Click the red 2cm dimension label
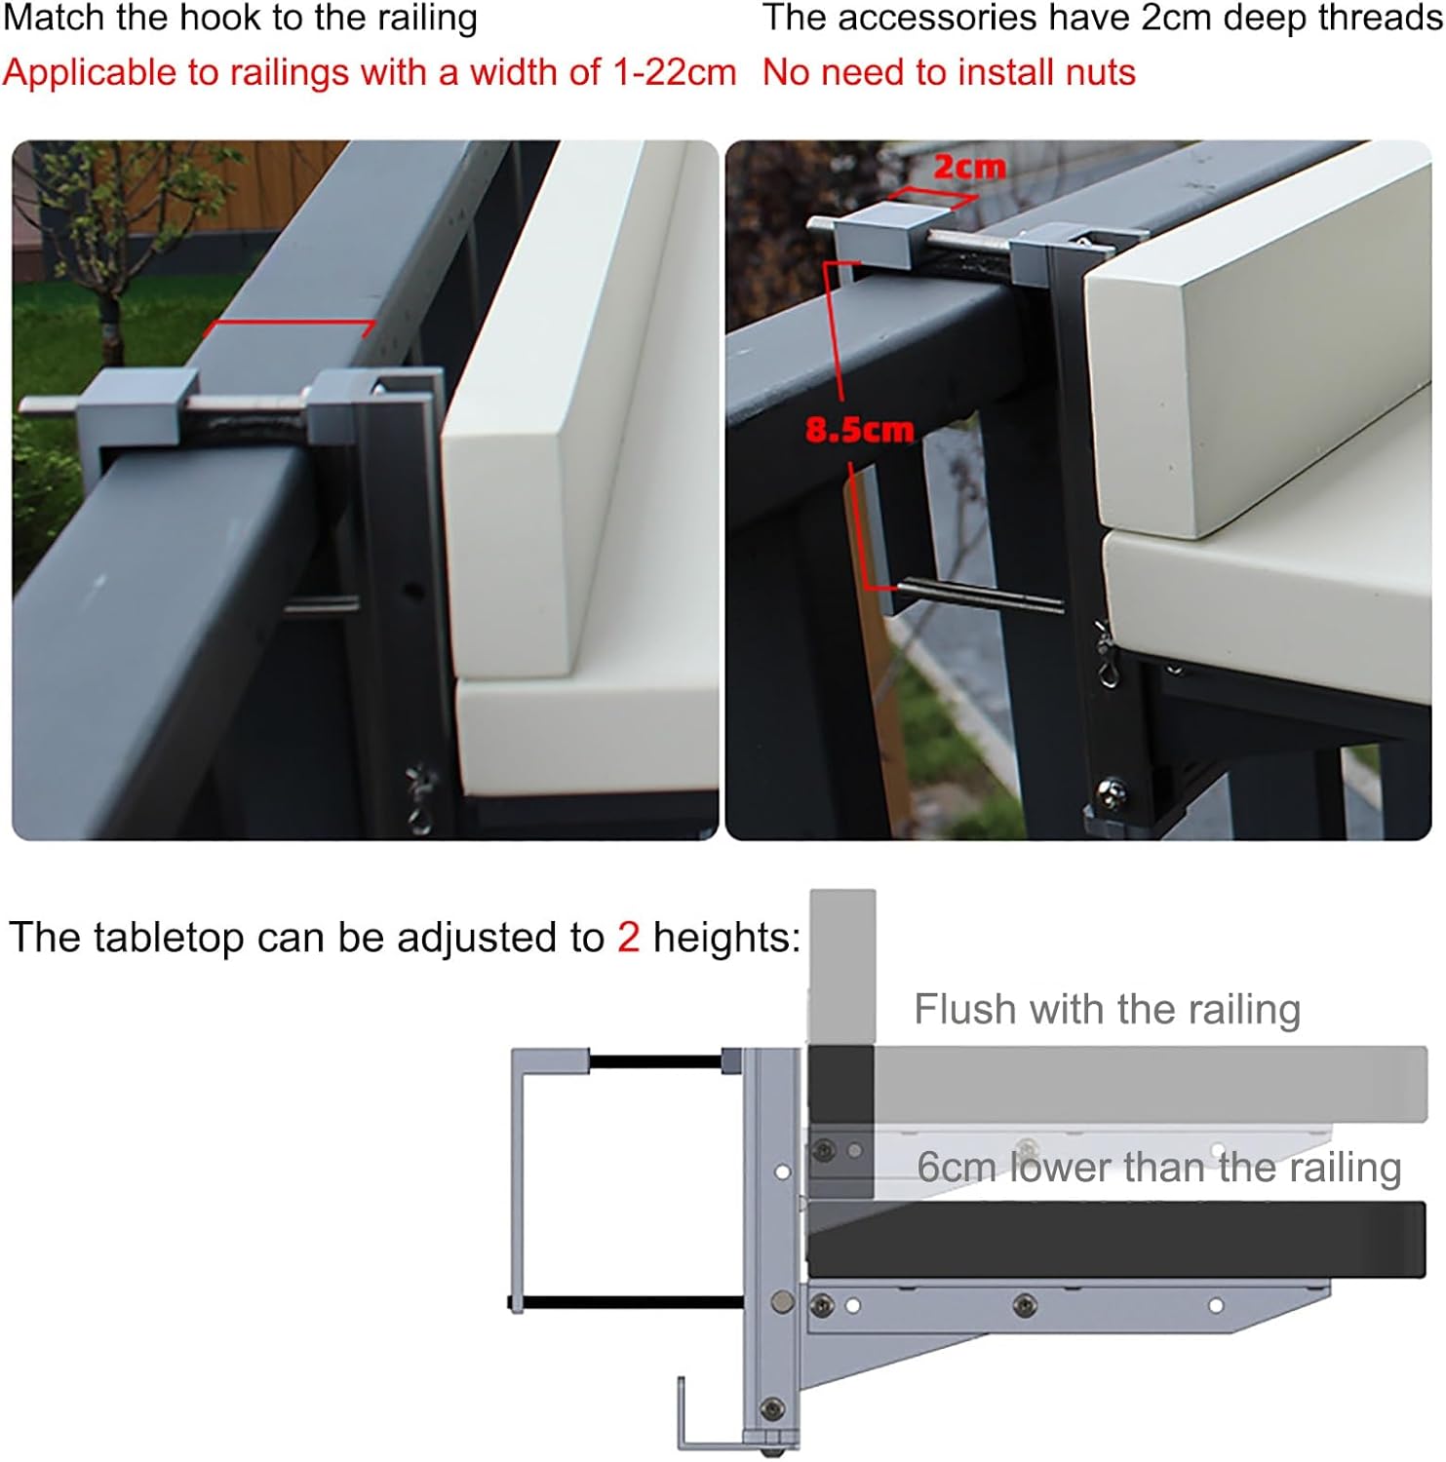tap(968, 168)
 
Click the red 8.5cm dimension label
tap(859, 429)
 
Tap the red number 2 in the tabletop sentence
tap(628, 938)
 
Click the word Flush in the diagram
tap(964, 1009)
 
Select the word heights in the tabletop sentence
tap(725, 938)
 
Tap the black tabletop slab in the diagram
tap(1121, 1240)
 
